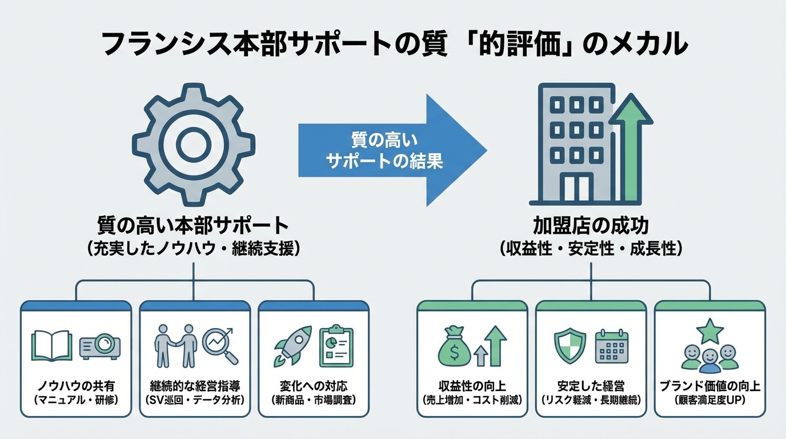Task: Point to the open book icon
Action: (x=52, y=345)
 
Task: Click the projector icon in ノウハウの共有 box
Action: (x=100, y=345)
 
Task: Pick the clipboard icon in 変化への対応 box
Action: (x=336, y=345)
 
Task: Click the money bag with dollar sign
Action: (x=455, y=348)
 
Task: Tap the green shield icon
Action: (x=570, y=345)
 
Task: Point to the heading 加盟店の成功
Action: (x=591, y=226)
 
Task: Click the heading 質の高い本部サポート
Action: (x=194, y=226)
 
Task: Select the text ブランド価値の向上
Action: (x=710, y=385)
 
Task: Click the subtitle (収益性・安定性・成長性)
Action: (x=591, y=249)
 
